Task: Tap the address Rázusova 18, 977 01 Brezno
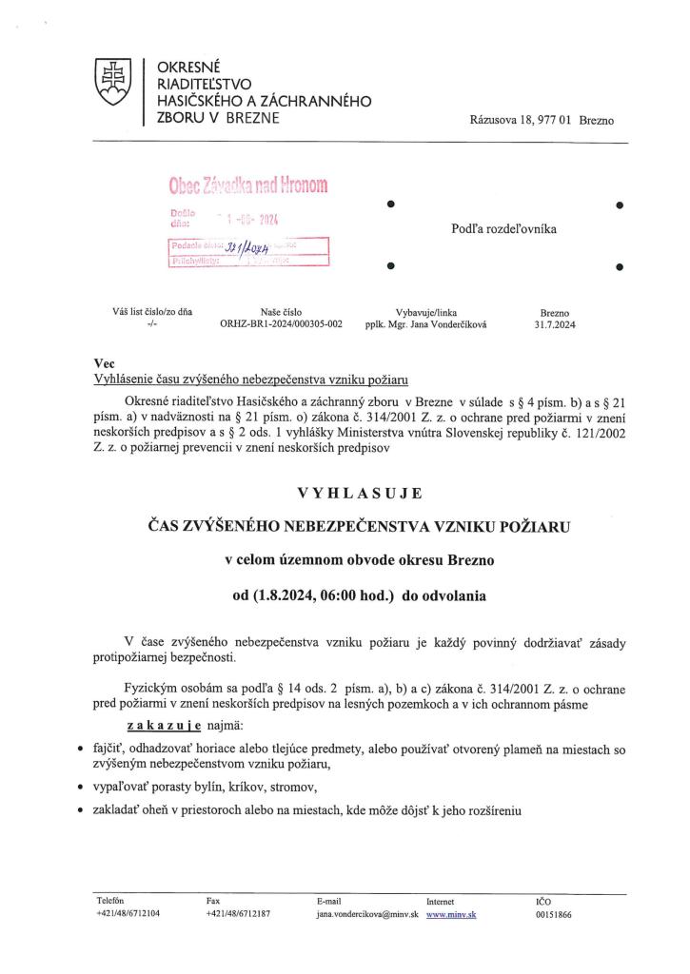click(x=542, y=121)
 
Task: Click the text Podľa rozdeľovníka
click(x=504, y=229)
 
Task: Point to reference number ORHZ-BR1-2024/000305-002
click(x=281, y=323)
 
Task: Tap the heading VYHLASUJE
click(x=358, y=493)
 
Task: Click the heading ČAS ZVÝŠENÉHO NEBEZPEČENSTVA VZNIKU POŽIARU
click(x=358, y=526)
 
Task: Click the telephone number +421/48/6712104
click(x=128, y=913)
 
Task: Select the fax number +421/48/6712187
click(x=238, y=913)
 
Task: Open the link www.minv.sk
click(x=451, y=913)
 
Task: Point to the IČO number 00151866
click(x=555, y=913)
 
